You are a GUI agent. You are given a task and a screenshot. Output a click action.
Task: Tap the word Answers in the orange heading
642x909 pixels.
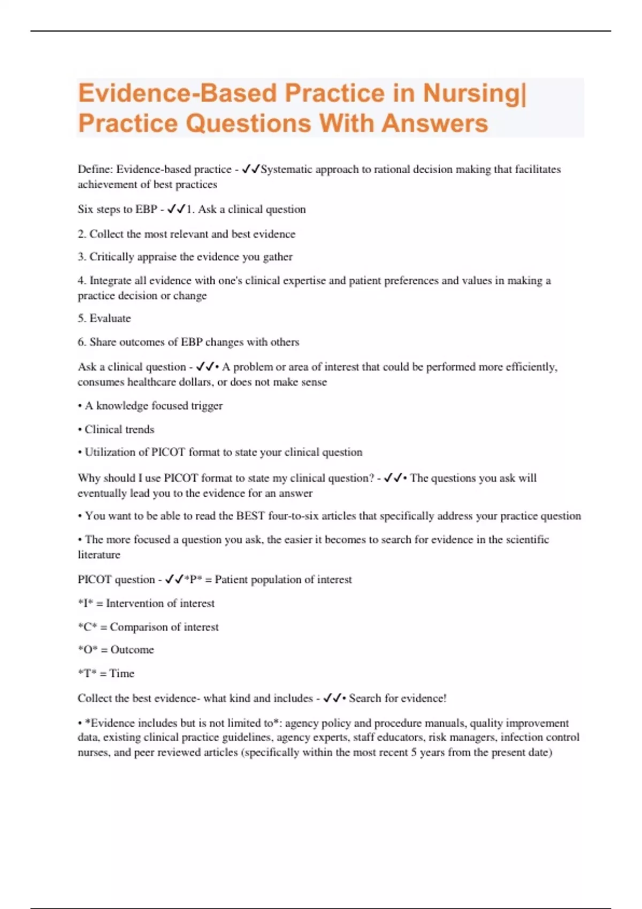(434, 123)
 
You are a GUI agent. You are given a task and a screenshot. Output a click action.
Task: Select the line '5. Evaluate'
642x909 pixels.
(104, 318)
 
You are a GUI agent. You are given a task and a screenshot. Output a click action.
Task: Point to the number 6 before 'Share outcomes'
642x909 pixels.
(81, 342)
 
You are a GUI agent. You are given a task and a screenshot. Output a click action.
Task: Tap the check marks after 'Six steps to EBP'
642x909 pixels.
(176, 210)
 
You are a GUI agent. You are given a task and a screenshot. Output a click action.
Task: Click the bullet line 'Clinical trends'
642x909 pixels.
(119, 429)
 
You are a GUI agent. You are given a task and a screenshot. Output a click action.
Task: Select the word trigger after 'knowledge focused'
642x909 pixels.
(207, 406)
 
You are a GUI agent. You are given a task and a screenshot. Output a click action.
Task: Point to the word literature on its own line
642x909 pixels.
(99, 555)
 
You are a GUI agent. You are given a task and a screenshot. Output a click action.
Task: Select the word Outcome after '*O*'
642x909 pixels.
(132, 650)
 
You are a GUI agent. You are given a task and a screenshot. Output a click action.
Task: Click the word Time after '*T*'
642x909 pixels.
(122, 674)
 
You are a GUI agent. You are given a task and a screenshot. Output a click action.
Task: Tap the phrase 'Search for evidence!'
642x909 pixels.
(398, 698)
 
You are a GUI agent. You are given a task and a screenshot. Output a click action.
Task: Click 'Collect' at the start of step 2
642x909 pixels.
(105, 234)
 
